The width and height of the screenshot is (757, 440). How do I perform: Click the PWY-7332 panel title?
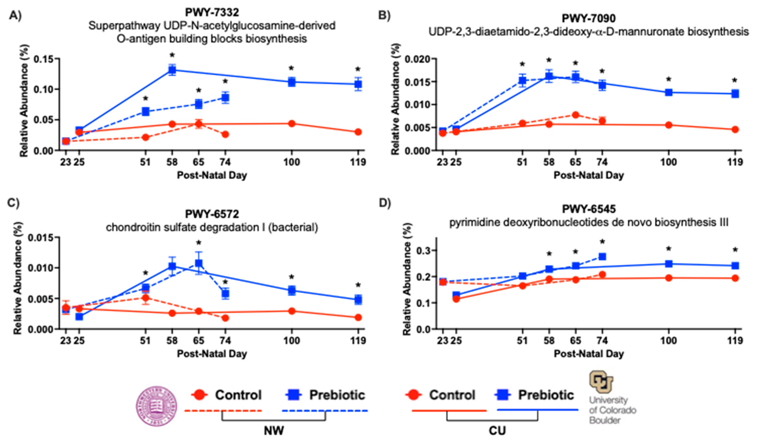(212, 12)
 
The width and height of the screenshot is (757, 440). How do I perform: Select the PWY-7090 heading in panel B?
(588, 18)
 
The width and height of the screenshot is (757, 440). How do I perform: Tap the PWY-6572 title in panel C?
(212, 214)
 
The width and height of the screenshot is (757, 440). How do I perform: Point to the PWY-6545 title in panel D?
(588, 209)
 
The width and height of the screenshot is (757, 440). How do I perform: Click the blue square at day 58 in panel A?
(172, 70)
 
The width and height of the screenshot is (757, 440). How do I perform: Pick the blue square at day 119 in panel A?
(358, 84)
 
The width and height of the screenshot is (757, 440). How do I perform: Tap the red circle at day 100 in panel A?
(291, 124)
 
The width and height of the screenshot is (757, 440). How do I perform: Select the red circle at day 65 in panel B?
(575, 115)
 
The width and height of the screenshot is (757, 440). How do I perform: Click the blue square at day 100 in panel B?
(668, 92)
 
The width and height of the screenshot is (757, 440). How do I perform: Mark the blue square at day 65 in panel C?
(199, 263)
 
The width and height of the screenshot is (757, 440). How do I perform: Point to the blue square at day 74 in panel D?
(602, 257)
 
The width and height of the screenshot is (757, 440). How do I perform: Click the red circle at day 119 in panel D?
(735, 278)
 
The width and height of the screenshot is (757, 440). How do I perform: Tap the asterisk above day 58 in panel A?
(172, 55)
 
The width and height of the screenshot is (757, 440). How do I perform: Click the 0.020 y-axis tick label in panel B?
(417, 59)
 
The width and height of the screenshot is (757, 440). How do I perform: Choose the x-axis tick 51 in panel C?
(145, 341)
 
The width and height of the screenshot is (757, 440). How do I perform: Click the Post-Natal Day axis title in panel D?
(588, 354)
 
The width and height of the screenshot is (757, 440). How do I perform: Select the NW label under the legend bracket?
(273, 431)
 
